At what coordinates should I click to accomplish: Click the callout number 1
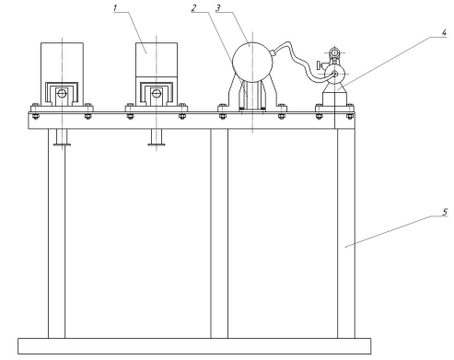pos(115,7)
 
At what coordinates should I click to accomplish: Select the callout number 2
pos(193,8)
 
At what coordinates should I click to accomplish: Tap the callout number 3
pos(218,8)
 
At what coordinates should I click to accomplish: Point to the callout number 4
pos(444,32)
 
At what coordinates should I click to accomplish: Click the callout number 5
pos(445,212)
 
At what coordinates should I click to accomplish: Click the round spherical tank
pos(252,63)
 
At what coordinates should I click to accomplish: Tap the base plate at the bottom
pos(194,346)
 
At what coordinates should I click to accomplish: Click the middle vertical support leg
pos(219,234)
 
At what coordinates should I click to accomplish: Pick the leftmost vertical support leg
pos(56,234)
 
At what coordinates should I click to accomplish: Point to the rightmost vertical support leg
pos(346,234)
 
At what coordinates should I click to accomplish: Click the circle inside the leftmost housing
pos(62,93)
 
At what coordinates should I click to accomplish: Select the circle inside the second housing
pos(157,93)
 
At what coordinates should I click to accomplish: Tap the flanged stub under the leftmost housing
pos(62,137)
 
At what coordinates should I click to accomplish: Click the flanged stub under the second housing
pos(157,137)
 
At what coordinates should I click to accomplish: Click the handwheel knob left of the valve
pos(320,65)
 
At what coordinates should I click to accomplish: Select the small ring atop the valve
pos(334,52)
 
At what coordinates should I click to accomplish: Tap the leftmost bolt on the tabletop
pos(35,116)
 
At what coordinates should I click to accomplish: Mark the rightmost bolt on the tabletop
pos(350,116)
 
